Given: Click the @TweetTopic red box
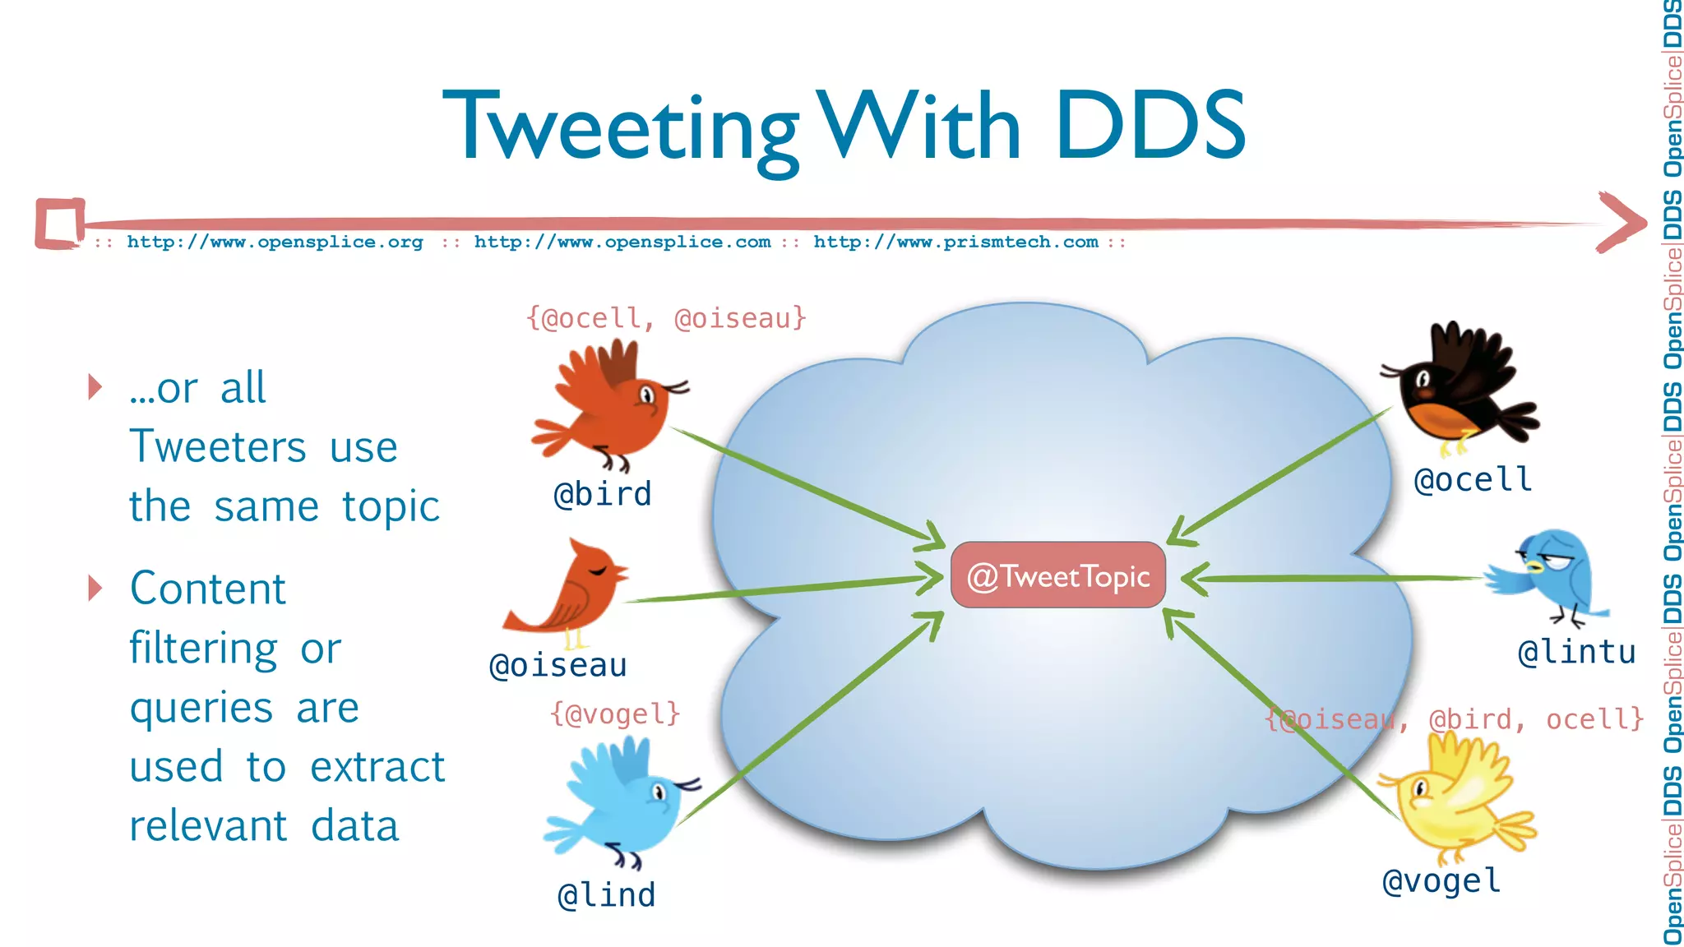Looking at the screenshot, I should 1057,575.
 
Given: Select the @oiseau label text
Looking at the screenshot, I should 558,665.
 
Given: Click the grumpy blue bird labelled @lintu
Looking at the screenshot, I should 1549,575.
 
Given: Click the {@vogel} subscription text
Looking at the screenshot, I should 615,714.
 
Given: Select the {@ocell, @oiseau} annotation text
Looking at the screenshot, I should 666,318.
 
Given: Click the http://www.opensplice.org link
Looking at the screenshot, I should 275,243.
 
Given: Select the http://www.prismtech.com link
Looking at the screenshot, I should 955,243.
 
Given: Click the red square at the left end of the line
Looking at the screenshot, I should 60,223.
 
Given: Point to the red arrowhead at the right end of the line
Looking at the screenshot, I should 1622,222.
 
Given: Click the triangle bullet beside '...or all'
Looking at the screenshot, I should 95,386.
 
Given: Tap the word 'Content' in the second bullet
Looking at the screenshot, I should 208,589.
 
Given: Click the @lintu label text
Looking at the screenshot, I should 1576,652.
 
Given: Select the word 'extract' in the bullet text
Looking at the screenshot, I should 377,767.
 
